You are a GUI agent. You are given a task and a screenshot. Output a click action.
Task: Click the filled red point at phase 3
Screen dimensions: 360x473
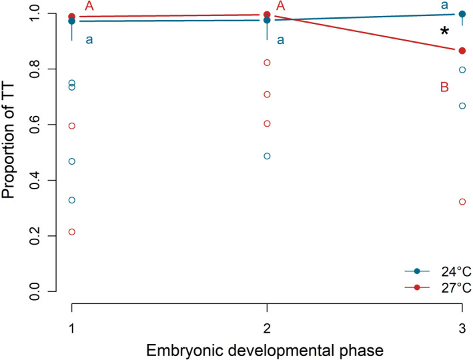(x=462, y=51)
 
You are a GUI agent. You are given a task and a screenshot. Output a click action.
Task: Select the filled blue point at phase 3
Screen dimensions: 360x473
(x=462, y=14)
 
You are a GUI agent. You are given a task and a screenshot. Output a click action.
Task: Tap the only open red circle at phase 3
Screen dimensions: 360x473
(x=462, y=201)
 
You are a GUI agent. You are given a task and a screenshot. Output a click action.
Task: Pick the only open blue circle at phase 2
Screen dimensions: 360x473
(x=267, y=156)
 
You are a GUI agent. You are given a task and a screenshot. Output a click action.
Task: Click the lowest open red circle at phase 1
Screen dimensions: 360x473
(x=71, y=232)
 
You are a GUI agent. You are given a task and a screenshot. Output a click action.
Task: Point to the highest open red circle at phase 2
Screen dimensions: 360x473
(x=267, y=63)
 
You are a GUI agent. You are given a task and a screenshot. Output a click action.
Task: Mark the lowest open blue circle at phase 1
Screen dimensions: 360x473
(x=71, y=200)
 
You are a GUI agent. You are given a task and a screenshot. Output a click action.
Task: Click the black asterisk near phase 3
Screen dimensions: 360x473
(x=444, y=32)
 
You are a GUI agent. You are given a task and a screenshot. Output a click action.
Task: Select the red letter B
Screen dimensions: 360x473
(x=444, y=87)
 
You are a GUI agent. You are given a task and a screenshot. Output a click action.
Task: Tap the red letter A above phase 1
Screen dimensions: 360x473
(x=89, y=7)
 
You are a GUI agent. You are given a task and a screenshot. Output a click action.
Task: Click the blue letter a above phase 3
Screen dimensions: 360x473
(x=444, y=5)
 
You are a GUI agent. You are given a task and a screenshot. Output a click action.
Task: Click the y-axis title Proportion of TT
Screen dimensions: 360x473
(x=9, y=152)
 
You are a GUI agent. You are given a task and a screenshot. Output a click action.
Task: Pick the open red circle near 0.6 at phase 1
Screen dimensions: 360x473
(x=71, y=125)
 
